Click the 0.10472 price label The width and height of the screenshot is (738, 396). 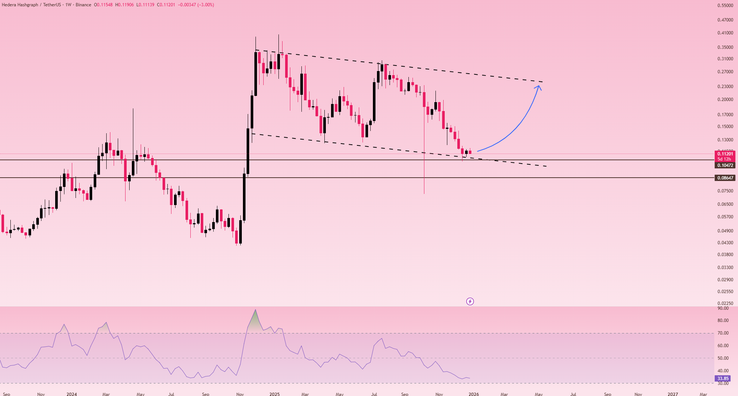(725, 165)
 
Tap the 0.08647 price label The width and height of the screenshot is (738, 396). (725, 178)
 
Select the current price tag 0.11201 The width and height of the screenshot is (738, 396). (725, 154)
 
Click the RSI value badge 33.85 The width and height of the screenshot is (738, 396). (722, 379)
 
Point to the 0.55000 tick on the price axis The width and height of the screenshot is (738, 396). (725, 6)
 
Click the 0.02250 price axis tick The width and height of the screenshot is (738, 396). (725, 303)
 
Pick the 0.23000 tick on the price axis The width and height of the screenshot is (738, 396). (725, 87)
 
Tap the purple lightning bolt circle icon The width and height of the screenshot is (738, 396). (470, 302)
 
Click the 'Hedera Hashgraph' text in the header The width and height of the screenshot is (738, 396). (20, 5)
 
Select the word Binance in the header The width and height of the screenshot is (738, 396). (83, 5)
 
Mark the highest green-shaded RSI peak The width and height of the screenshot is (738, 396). (255, 310)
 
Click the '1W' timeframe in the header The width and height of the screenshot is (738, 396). (68, 5)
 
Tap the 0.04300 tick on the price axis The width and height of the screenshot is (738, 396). (725, 243)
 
